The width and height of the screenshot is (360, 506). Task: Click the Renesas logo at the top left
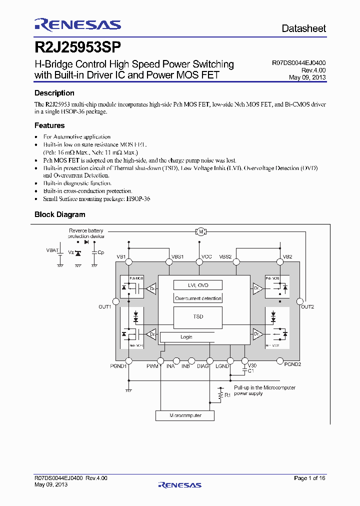77,25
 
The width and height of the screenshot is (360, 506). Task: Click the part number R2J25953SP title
77,47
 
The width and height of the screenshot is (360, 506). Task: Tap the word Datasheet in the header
303,28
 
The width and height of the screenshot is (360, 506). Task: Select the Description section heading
54,93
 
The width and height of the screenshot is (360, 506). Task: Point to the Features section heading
49,125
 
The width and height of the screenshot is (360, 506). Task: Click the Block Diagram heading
59,214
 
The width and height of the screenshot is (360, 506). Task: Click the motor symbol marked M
200,231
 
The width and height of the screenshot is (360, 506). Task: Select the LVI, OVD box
198,285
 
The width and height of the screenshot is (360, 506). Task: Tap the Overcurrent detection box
198,298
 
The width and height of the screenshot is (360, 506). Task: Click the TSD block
198,316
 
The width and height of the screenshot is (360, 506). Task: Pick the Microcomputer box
185,415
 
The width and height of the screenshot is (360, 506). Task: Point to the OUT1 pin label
104,306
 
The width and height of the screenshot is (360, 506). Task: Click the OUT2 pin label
307,306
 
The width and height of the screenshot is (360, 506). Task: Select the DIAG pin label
202,366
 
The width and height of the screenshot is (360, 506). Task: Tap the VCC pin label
206,256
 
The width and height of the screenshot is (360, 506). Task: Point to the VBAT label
52,250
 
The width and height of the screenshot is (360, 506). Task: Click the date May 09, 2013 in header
307,77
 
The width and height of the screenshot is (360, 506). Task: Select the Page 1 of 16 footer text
309,478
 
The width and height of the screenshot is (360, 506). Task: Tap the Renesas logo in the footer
179,484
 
